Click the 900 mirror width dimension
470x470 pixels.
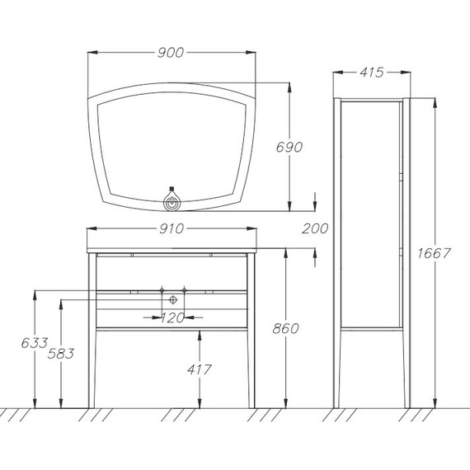point(171,53)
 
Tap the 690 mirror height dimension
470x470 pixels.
point(289,147)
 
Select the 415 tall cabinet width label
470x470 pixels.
point(372,73)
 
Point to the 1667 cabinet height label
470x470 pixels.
point(434,254)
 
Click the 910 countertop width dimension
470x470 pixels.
point(172,229)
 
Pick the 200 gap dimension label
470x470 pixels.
point(315,229)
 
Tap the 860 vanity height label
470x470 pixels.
point(285,329)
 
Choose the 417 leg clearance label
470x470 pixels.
point(200,370)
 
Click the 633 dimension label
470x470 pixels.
point(35,343)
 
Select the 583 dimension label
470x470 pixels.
point(61,354)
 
